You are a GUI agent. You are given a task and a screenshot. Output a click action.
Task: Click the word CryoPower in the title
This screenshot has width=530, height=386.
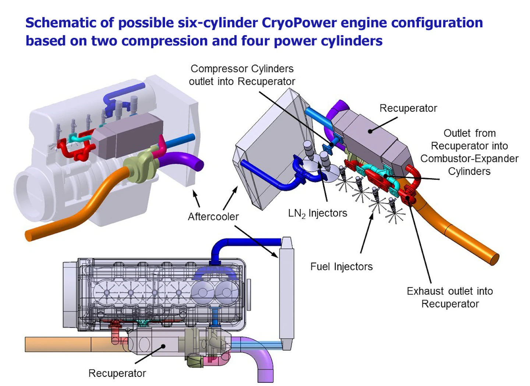(299, 23)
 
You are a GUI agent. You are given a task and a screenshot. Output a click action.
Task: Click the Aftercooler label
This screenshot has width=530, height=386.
(213, 217)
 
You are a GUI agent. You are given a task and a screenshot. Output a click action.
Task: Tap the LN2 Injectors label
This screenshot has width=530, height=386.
(317, 213)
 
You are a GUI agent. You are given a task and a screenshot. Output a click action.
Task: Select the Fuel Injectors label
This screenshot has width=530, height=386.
(341, 267)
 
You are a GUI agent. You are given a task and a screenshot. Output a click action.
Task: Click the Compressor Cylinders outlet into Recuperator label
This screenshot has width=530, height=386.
(242, 75)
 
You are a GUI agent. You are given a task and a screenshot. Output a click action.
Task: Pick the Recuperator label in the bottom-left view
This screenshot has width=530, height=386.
(117, 373)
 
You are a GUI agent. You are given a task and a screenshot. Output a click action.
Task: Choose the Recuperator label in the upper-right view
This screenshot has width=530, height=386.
(408, 108)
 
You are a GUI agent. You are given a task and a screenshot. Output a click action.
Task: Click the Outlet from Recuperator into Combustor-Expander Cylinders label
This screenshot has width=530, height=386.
(469, 152)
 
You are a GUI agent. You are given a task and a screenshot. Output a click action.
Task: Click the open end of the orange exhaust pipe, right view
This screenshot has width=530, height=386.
(495, 259)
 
